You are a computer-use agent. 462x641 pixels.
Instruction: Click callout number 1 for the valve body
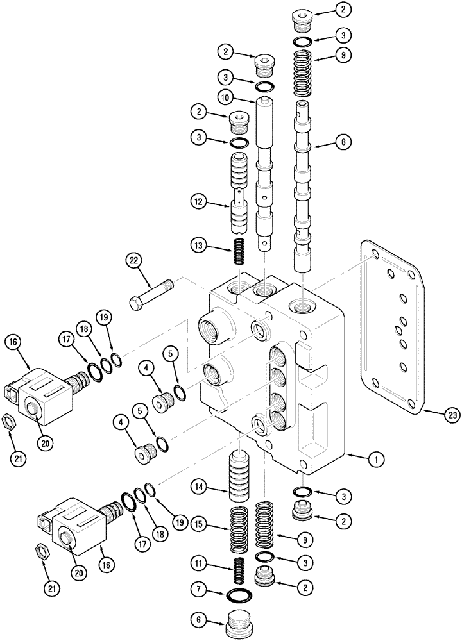[377, 458]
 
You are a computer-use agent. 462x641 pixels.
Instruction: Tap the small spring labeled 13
[240, 251]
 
